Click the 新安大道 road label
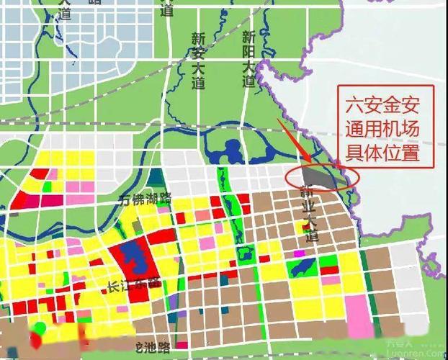click(199, 60)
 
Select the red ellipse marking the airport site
click(321, 177)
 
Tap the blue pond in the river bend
click(232, 151)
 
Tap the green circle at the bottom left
click(40, 329)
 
